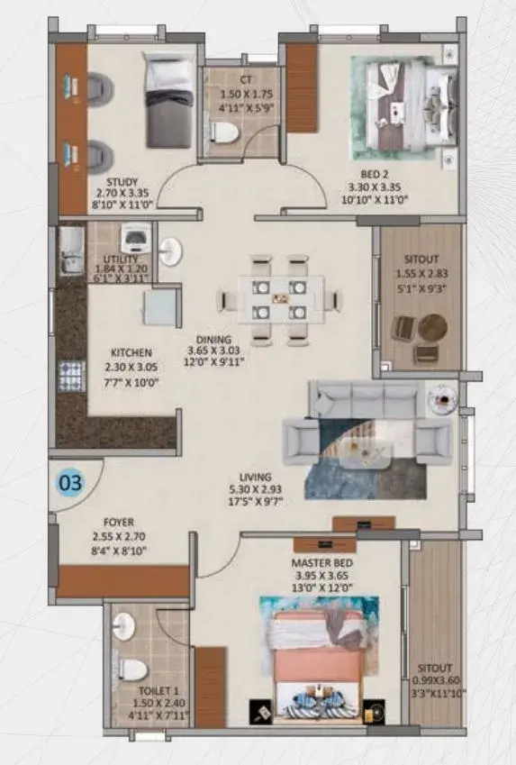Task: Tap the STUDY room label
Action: tap(122, 182)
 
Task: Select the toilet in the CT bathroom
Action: tap(224, 132)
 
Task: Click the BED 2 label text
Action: tap(375, 174)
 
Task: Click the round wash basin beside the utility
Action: tap(170, 251)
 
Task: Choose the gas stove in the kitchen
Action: tap(72, 376)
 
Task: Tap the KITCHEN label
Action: tap(131, 352)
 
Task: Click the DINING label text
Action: tap(213, 340)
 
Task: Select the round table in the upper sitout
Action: tap(432, 327)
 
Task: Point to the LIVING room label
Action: tap(255, 478)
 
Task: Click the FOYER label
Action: tap(119, 522)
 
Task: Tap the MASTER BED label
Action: tap(321, 562)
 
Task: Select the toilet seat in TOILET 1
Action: tap(132, 669)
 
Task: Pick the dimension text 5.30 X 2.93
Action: tap(255, 489)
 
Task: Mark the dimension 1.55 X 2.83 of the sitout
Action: tap(421, 274)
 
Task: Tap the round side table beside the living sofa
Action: tap(442, 398)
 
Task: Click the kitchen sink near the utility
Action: tap(71, 250)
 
